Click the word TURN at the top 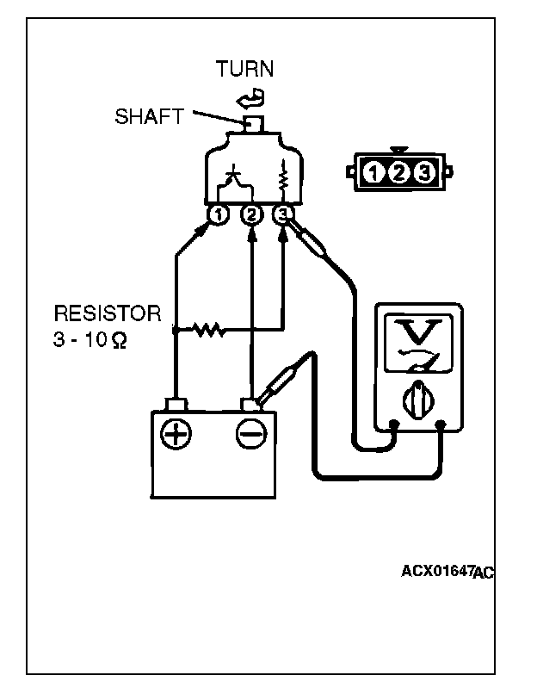click(x=245, y=70)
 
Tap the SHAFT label click(x=149, y=115)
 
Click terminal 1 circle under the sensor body click(x=218, y=214)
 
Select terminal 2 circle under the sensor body click(x=250, y=214)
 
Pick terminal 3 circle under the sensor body click(x=283, y=214)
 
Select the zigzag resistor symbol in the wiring click(x=207, y=329)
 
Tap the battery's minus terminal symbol click(x=250, y=435)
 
